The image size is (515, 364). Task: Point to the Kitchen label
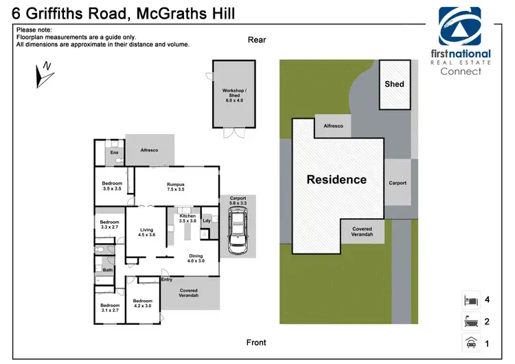187,218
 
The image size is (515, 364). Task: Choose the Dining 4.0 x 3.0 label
196,258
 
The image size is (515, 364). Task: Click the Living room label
147,233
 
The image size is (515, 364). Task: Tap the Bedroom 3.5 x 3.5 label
112,185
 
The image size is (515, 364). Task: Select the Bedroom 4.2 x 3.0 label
143,304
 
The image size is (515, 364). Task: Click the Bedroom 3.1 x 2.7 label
110,308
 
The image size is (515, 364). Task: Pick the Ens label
114,152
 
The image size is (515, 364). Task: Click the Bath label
108,270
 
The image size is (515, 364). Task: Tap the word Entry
166,280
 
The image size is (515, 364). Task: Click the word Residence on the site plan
336,180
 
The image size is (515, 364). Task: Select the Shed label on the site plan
394,84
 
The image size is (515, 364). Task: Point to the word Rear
257,40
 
